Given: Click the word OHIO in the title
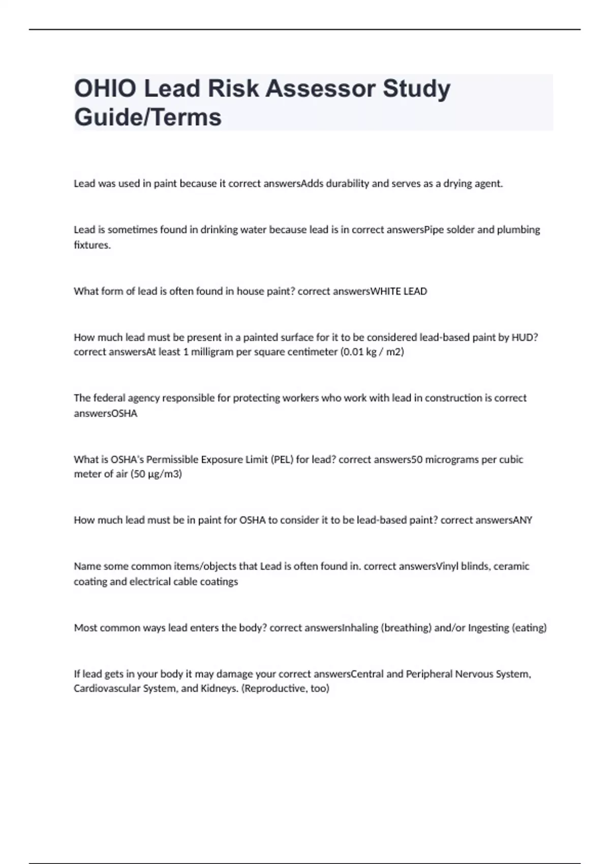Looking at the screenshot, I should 105,88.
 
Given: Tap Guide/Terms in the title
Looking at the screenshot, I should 148,117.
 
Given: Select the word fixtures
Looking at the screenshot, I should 92,245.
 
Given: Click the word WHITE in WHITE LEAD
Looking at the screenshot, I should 385,291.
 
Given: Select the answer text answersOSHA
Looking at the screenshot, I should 106,413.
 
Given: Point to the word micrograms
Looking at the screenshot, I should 452,459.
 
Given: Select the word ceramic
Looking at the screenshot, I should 511,566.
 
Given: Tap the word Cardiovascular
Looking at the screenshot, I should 107,689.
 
